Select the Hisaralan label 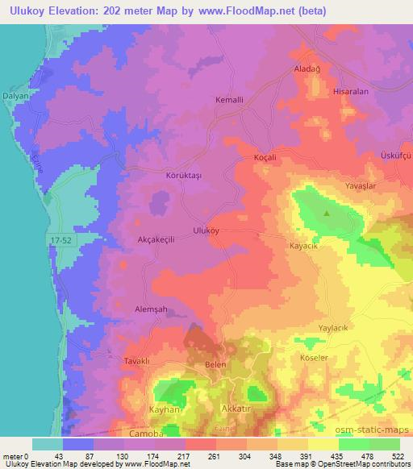tap(351, 92)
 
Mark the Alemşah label tap(150, 309)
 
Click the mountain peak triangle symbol tap(326, 214)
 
